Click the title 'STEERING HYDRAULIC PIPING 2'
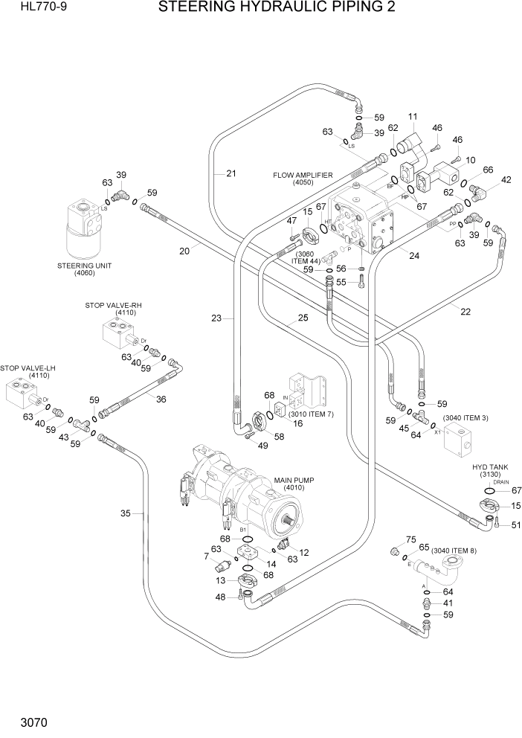[x=276, y=8]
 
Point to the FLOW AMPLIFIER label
[x=303, y=176]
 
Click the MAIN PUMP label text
[x=294, y=481]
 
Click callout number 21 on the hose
[x=231, y=174]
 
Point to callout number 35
[x=126, y=513]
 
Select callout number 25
[x=303, y=318]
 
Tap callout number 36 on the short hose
[x=161, y=399]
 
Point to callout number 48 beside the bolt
[x=219, y=597]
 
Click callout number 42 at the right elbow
[x=506, y=179]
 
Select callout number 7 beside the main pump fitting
[x=206, y=556]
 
